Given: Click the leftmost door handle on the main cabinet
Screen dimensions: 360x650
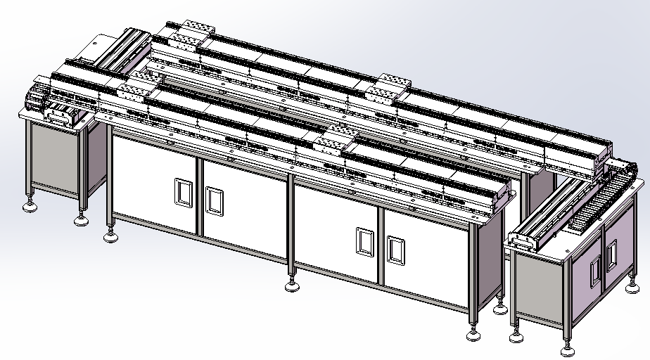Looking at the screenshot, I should (x=182, y=192).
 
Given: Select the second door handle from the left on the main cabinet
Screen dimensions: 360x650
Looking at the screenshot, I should (x=214, y=200).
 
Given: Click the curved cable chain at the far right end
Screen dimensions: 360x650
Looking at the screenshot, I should (x=619, y=169).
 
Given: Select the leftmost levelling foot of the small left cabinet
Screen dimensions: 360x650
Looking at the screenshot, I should (x=30, y=206).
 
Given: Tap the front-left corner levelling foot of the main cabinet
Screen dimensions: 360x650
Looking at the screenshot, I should (x=110, y=236).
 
